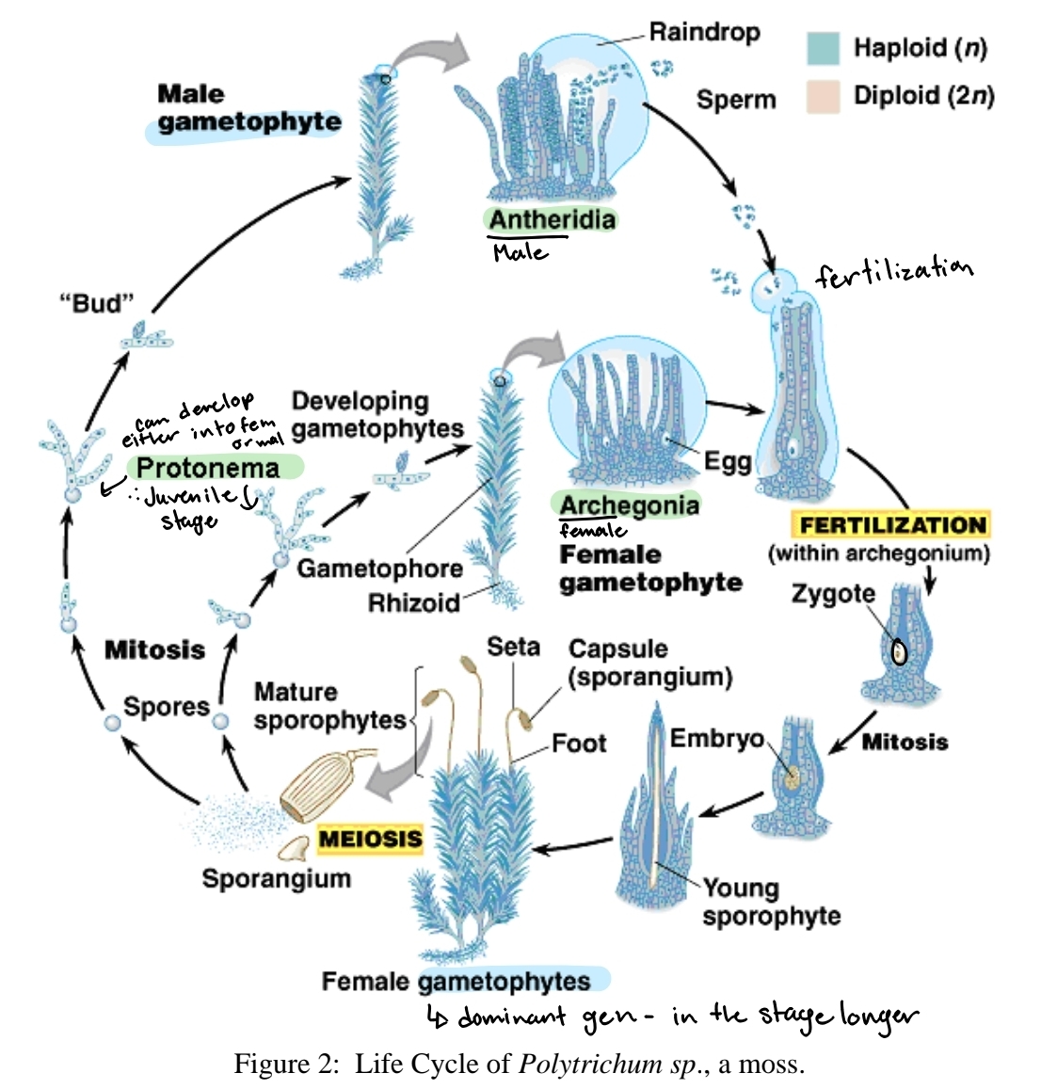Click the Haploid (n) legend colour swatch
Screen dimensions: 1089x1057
pyautogui.click(x=823, y=48)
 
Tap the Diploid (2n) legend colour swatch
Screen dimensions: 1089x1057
pyautogui.click(x=823, y=96)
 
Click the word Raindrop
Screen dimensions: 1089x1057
pyautogui.click(x=704, y=32)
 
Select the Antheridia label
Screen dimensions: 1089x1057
pyautogui.click(x=552, y=219)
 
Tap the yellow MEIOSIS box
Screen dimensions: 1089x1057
pyautogui.click(x=370, y=838)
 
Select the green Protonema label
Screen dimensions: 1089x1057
pyautogui.click(x=208, y=468)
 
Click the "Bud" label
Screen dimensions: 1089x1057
pyautogui.click(x=97, y=303)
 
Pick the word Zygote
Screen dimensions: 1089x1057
pyautogui.click(x=833, y=594)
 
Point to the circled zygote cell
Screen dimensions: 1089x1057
pyautogui.click(x=899, y=651)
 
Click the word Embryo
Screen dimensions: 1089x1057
pyautogui.click(x=716, y=739)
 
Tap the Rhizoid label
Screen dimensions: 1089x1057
pyautogui.click(x=414, y=602)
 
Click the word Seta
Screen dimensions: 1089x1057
pyautogui.click(x=513, y=647)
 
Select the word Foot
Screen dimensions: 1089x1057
pyautogui.click(x=579, y=744)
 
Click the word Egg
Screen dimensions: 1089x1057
pyautogui.click(x=728, y=461)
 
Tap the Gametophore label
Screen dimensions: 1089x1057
pyautogui.click(x=379, y=569)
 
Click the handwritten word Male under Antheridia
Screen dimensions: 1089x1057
pyautogui.click(x=520, y=252)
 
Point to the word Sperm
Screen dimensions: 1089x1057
pyautogui.click(x=736, y=100)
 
